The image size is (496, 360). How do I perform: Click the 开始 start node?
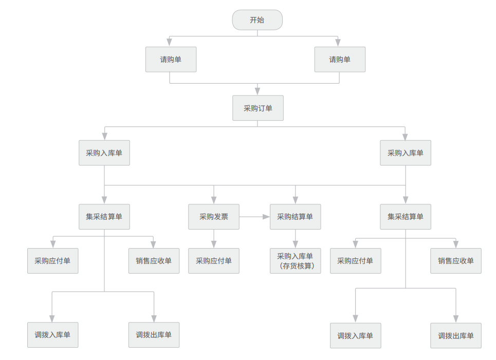257,20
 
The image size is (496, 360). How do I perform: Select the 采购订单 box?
258,108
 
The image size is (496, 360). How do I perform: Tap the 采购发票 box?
213,217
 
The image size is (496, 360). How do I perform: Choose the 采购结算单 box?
295,217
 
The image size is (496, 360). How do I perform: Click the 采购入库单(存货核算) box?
295,261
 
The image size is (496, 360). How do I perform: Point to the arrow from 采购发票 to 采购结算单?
254,217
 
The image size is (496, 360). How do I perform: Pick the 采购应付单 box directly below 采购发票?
213,261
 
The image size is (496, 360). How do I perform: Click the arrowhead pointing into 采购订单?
258,91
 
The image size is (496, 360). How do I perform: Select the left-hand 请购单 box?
171,60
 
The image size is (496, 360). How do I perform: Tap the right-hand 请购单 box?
340,60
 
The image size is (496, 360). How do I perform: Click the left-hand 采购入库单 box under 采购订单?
104,153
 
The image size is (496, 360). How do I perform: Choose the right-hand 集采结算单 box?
405,217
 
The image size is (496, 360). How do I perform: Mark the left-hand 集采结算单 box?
104,217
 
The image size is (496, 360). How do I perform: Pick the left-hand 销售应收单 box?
154,261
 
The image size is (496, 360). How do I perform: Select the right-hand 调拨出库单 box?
456,336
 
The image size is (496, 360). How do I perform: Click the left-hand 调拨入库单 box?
52,335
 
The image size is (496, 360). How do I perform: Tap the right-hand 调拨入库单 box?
355,336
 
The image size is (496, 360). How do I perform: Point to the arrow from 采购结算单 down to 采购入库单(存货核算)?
296,239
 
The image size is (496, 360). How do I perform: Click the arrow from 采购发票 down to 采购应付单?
214,239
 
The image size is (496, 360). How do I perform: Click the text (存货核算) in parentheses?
297,266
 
